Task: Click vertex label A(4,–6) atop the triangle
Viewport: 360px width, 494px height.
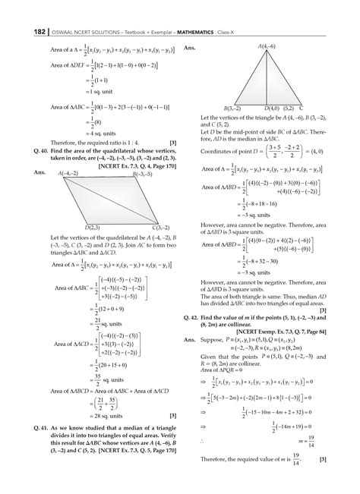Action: (x=268, y=47)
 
